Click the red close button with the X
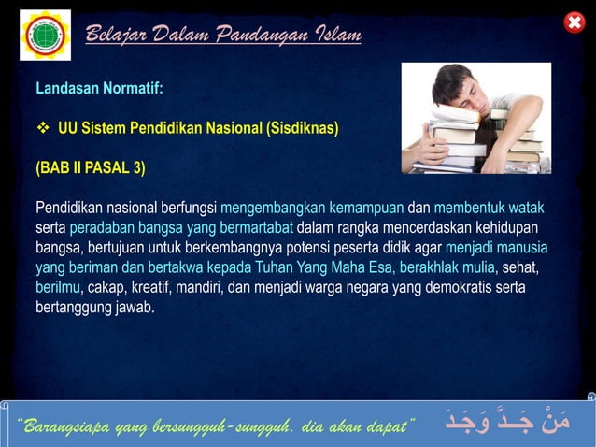tap(575, 22)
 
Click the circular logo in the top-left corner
tap(45, 35)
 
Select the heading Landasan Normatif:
tap(99, 89)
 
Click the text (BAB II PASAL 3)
tap(90, 168)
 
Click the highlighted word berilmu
tap(58, 287)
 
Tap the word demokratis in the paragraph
tap(460, 287)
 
